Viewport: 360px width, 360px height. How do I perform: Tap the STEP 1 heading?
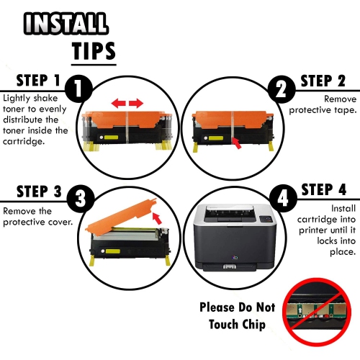click(x=30, y=80)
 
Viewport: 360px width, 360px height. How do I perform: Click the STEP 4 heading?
click(x=323, y=190)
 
